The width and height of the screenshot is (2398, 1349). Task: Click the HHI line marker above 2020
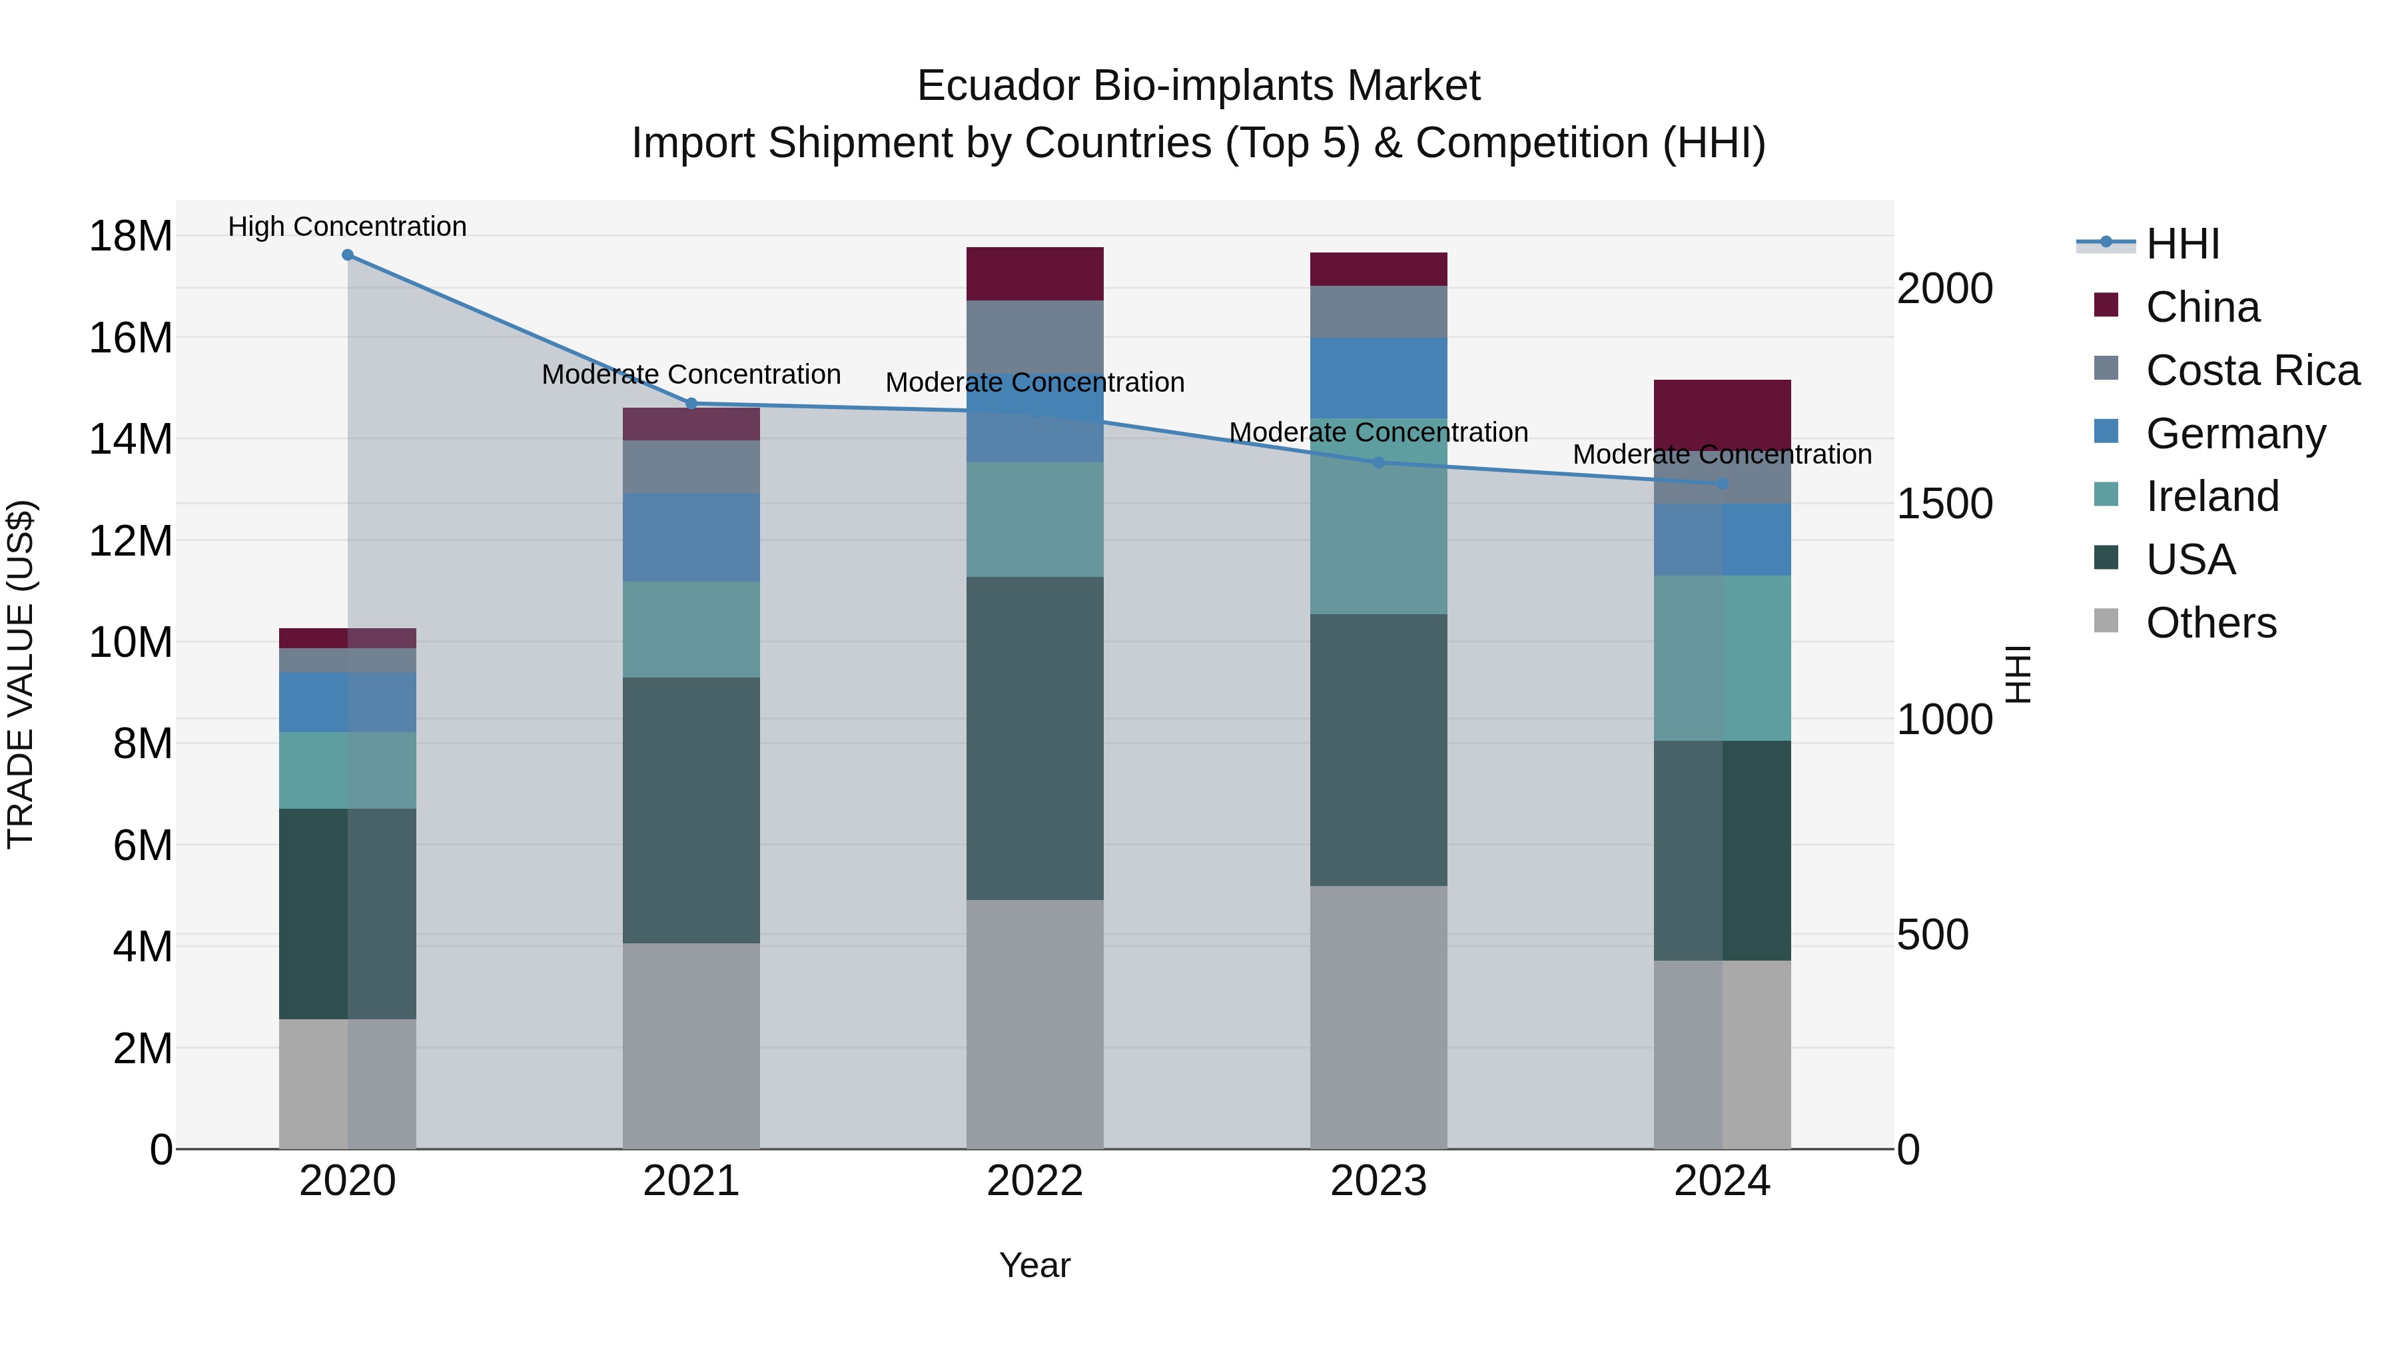[347, 255]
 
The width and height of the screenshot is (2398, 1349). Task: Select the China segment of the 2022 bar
[1034, 274]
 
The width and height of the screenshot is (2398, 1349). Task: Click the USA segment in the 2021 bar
[691, 810]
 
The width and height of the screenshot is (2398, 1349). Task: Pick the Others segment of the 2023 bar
[1379, 1017]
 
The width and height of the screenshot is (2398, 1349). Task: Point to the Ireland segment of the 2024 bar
[1722, 658]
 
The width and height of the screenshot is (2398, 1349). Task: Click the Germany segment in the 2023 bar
[1379, 378]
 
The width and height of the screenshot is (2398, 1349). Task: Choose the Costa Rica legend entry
[2252, 370]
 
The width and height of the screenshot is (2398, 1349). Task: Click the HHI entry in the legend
[2182, 244]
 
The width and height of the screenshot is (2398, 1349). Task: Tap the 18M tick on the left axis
[131, 236]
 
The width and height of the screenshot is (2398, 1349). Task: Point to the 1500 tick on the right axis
[1944, 504]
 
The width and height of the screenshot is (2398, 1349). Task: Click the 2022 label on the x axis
[1034, 1181]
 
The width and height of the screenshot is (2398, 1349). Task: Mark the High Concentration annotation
[347, 226]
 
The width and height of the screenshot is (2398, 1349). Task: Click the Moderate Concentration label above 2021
[691, 374]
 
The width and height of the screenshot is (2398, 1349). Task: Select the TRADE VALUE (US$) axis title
[21, 674]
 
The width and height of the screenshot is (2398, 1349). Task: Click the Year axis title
[1034, 1265]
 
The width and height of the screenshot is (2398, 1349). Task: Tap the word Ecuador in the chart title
[997, 86]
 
